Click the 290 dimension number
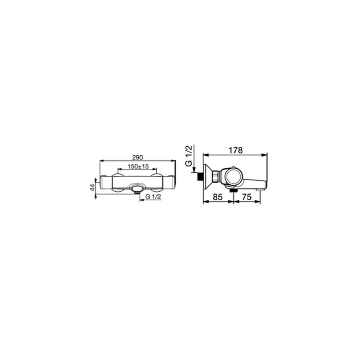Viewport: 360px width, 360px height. tap(138, 157)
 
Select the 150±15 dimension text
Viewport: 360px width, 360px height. tap(139, 166)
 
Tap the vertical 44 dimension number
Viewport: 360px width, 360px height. tap(92, 188)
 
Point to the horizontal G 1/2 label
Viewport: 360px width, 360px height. tap(153, 197)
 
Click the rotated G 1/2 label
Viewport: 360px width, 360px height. tap(189, 156)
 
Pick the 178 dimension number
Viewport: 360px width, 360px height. tap(235, 150)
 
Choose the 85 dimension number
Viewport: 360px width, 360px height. tap(218, 197)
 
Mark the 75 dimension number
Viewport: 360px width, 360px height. tap(247, 197)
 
